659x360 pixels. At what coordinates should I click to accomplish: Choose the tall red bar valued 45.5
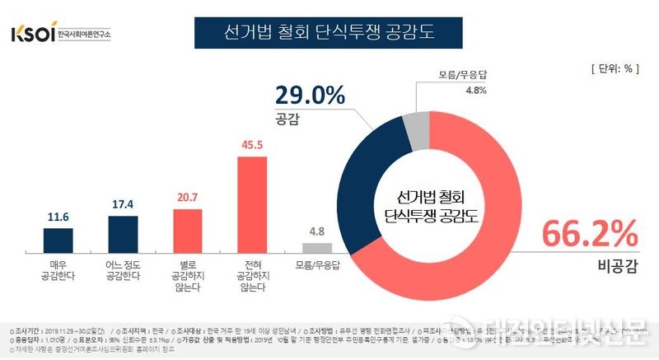tap(254, 203)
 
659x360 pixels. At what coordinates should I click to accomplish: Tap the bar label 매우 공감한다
tap(58, 270)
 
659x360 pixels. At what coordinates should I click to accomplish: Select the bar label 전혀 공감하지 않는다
tap(254, 275)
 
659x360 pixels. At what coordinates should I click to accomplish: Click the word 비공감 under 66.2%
tap(620, 265)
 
